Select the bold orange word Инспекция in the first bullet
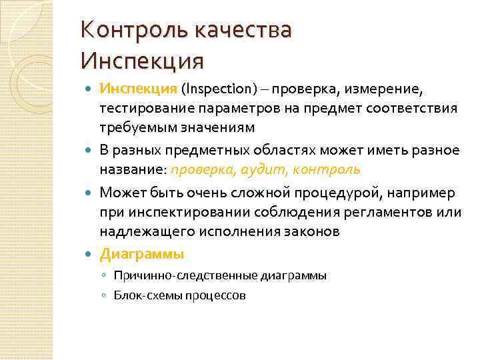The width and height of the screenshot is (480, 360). point(138,89)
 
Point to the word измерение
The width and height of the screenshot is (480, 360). point(385,89)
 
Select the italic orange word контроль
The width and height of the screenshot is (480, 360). point(326,169)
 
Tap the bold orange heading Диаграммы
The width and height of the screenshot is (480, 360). point(141,254)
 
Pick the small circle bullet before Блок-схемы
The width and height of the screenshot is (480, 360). point(105,295)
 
